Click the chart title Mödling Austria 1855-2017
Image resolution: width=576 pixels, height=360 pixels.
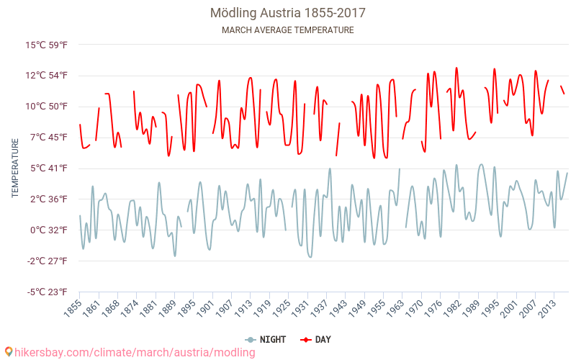[x=288, y=13]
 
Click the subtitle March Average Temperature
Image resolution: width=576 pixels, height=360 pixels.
[x=288, y=30]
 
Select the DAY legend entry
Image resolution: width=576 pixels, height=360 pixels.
[x=317, y=339]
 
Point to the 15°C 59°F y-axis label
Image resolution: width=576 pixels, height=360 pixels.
[x=47, y=45]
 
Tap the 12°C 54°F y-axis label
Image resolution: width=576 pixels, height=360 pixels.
[x=47, y=76]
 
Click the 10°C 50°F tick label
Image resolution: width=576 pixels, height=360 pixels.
[x=47, y=107]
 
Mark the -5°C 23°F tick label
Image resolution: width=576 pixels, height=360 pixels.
[x=48, y=292]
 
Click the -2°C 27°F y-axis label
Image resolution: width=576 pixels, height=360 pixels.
[x=48, y=261]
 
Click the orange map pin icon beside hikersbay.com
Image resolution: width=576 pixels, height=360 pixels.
[x=8, y=352]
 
